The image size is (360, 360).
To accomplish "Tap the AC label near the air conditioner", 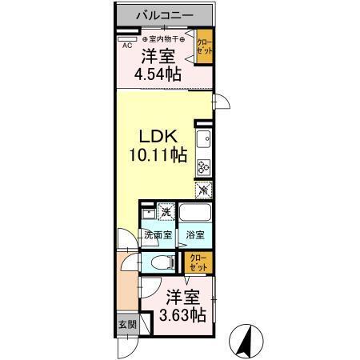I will (126, 46).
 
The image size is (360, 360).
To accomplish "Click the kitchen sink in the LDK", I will (204, 141).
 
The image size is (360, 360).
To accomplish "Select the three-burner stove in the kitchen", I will (204, 166).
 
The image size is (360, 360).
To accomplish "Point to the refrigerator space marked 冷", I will (204, 190).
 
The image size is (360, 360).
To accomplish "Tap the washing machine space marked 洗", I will (166, 213).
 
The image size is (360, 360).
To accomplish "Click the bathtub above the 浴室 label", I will (194, 214).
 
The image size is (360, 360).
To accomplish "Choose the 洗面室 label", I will (158, 236).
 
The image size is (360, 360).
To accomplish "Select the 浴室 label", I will (195, 236).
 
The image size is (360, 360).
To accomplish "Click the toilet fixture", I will (162, 262).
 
